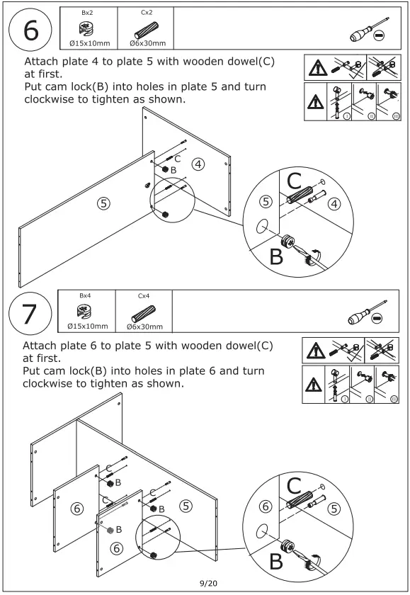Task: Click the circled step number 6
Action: click(30, 30)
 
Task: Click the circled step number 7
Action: click(30, 313)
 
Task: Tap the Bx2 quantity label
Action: click(87, 13)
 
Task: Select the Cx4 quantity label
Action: click(144, 295)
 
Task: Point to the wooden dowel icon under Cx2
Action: click(147, 30)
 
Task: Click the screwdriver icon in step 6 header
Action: click(368, 31)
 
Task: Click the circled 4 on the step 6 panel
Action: click(198, 164)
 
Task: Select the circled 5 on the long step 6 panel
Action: click(103, 203)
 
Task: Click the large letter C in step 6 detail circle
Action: click(295, 181)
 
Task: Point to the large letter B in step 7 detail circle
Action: click(276, 561)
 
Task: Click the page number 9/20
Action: click(209, 583)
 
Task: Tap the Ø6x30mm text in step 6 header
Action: click(147, 43)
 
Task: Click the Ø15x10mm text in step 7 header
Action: click(88, 326)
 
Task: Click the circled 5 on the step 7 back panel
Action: click(186, 506)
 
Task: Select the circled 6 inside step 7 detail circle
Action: click(266, 506)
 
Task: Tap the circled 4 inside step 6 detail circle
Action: click(334, 204)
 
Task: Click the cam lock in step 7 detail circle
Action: click(288, 546)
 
